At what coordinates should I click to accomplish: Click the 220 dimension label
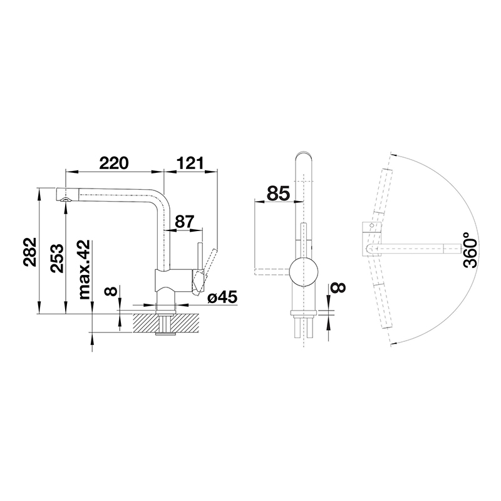click(x=114, y=163)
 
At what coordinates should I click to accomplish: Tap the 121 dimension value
click(x=190, y=163)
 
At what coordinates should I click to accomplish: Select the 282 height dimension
click(x=30, y=252)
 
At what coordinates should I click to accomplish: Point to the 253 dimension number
click(x=57, y=258)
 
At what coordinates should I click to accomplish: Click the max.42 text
click(x=85, y=270)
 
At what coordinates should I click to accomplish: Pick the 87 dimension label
click(x=185, y=221)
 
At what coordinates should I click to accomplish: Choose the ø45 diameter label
click(x=222, y=298)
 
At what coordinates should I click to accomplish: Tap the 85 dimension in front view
click(x=278, y=194)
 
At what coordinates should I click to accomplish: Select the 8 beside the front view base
click(x=338, y=287)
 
